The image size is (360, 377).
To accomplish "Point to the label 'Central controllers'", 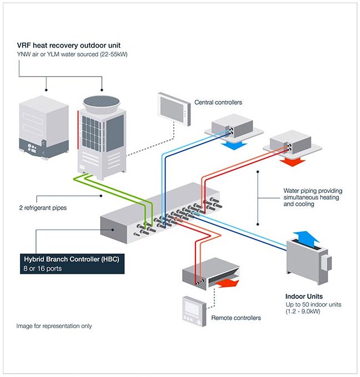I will coord(218,103).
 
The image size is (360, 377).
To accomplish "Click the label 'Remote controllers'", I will coord(236,318).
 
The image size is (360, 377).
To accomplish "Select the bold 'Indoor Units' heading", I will coord(304,297).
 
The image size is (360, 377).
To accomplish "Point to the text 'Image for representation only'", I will coord(54,326).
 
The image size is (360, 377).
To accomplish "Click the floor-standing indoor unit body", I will coord(306,261).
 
